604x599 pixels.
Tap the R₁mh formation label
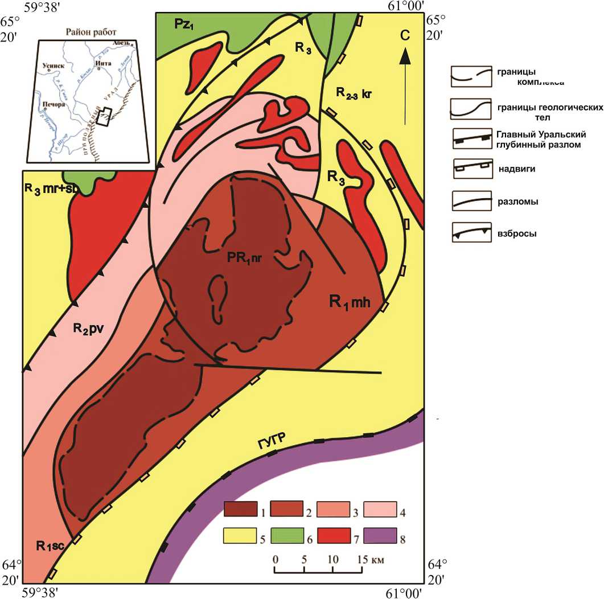[x=350, y=302]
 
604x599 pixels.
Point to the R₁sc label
[x=51, y=547]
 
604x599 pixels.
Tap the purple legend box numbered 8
[x=379, y=536]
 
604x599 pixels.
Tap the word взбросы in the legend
[x=519, y=233]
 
